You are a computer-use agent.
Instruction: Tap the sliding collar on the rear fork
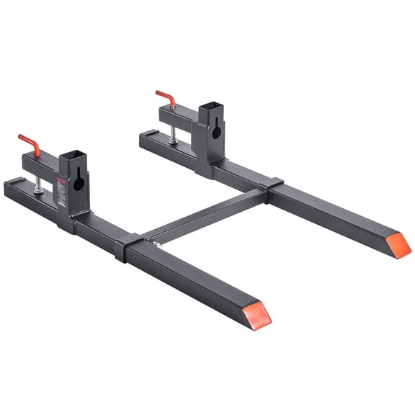(277, 190)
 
